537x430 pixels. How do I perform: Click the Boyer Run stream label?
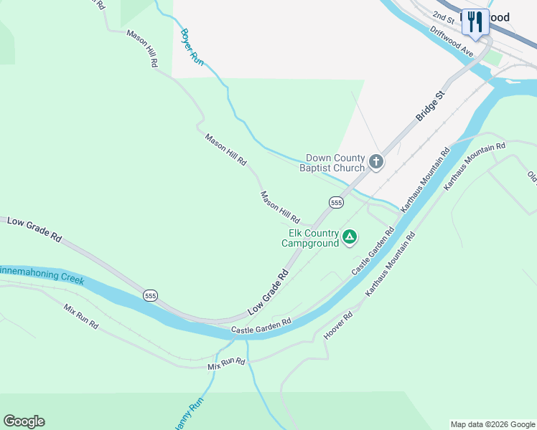click(x=192, y=47)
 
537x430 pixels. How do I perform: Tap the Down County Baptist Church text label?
click(x=335, y=163)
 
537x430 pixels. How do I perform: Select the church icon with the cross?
click(x=376, y=162)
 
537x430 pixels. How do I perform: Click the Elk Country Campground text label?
click(x=309, y=238)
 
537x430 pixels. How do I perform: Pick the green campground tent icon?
click(x=350, y=236)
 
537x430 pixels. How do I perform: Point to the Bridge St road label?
click(x=431, y=105)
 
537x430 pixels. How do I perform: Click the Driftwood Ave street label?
click(x=452, y=42)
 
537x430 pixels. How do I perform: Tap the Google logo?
click(x=24, y=421)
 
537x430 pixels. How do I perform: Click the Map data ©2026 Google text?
click(x=492, y=424)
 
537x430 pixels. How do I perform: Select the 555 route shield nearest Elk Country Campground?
click(x=336, y=203)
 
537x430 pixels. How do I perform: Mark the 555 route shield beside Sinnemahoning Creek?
click(x=150, y=295)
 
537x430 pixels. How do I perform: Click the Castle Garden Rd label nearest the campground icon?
click(x=373, y=252)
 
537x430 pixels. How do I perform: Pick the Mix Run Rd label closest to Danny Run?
click(x=226, y=363)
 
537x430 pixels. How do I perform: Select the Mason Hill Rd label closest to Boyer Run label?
click(x=142, y=48)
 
